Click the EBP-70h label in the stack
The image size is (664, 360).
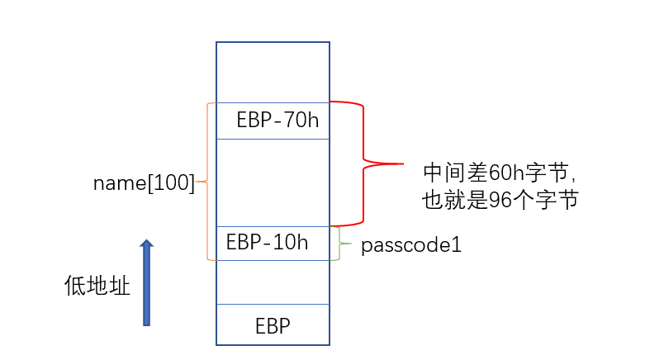277,121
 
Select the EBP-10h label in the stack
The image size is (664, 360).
267,243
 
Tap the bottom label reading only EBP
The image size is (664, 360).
273,326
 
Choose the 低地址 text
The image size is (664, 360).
97,287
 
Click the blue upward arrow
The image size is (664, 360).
147,285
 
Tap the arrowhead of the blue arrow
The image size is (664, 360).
147,244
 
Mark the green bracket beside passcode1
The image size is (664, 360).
339,244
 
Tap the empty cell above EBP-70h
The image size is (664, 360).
273,72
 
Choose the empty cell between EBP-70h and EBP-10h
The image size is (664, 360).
273,182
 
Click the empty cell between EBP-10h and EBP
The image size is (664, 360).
273,282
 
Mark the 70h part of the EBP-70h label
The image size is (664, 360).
301,121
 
